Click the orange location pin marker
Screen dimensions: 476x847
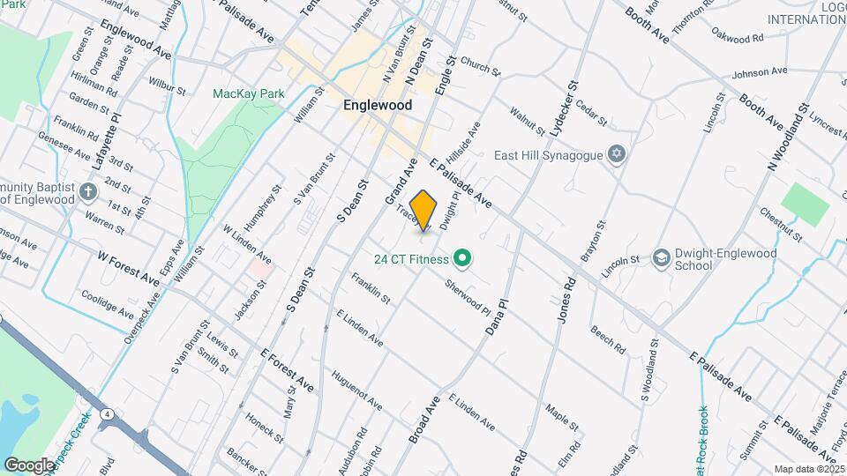point(423,211)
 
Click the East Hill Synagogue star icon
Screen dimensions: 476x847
point(618,155)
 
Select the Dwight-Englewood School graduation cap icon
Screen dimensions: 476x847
point(660,258)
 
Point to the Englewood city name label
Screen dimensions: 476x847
point(378,105)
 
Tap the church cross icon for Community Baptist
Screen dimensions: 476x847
point(87,191)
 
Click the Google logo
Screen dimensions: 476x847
point(29,465)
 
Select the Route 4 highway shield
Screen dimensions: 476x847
point(106,415)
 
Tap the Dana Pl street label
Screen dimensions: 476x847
point(498,316)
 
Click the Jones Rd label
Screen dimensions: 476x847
point(566,301)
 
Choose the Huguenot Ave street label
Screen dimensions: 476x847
point(356,390)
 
